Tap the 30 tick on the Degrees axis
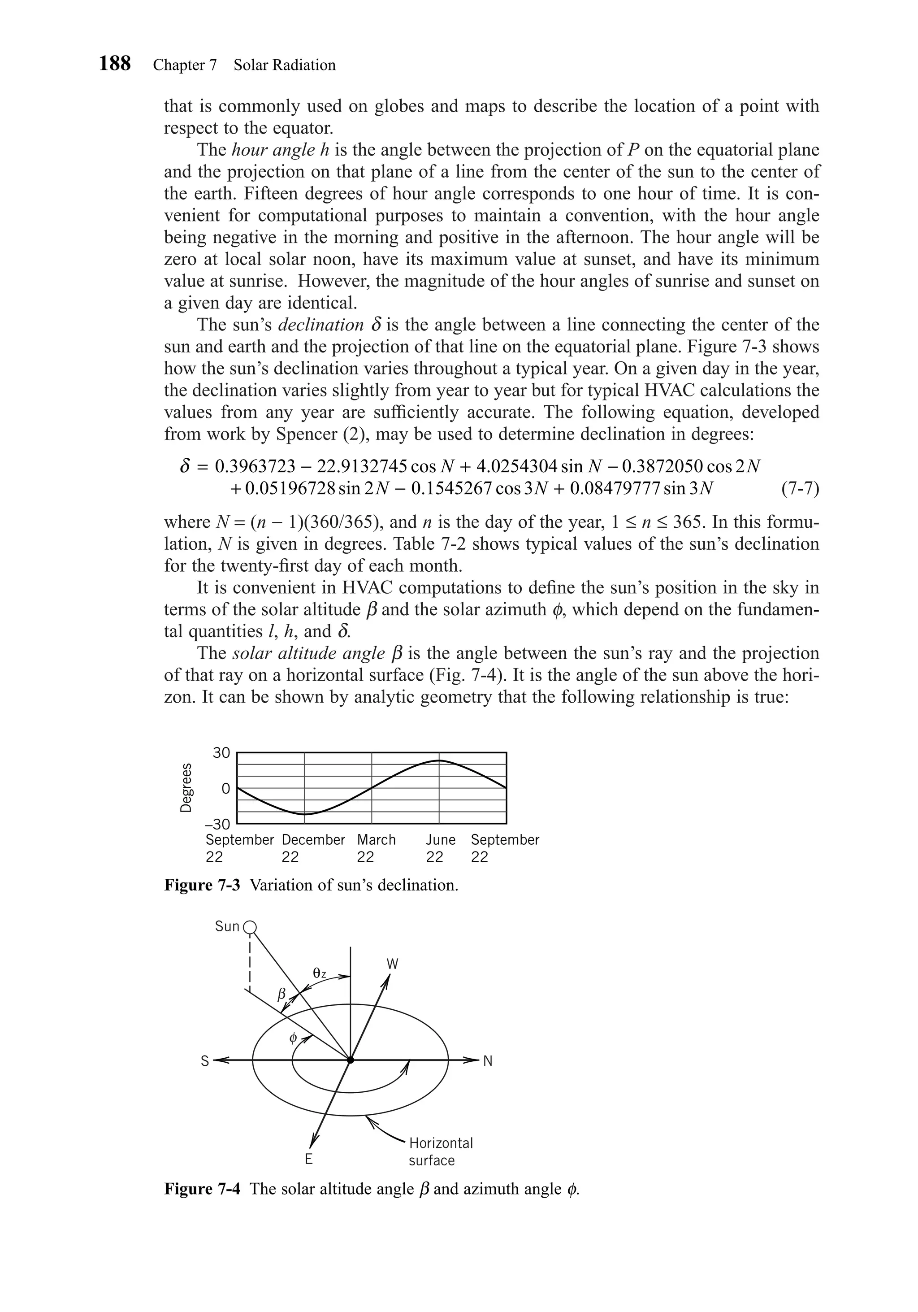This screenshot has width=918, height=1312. coord(221,753)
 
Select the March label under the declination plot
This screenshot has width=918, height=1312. coord(376,840)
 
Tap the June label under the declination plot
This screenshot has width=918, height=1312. coord(441,840)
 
